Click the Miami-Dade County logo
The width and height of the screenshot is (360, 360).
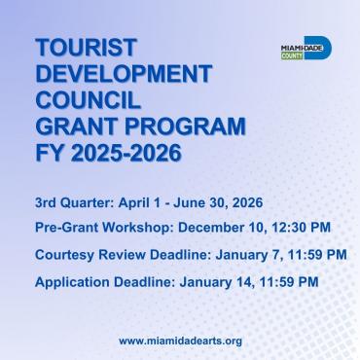304,49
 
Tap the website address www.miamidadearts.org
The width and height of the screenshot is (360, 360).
180,341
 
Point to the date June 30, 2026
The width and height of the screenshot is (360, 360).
230,203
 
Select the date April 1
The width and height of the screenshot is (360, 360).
144,203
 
